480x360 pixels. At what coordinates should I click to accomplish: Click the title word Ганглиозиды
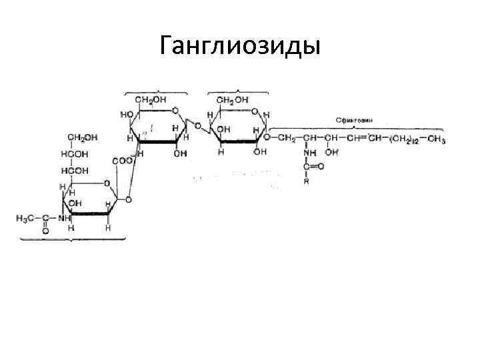pos(240,46)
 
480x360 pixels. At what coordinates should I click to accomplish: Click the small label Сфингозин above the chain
pos(353,120)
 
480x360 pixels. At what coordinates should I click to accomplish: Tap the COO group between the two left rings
pos(122,161)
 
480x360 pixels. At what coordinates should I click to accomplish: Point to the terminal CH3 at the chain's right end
pos(437,139)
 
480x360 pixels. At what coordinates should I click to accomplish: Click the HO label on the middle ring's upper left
pos(125,114)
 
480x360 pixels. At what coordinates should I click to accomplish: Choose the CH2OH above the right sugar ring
pos(233,100)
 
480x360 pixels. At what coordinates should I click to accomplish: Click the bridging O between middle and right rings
pos(199,126)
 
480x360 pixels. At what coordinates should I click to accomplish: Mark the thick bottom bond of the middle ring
pos(159,142)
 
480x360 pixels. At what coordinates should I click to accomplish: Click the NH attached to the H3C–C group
pos(64,218)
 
